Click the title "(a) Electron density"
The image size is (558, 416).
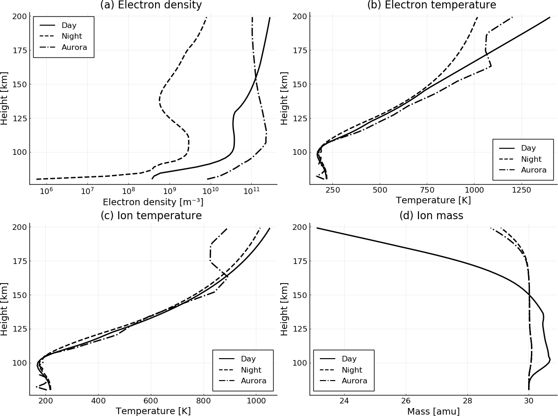tap(151, 6)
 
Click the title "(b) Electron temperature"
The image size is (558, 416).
tap(431, 6)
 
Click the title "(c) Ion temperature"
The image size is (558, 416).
tap(151, 216)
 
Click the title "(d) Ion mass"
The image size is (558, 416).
tap(431, 216)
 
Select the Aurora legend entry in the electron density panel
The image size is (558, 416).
tap(74, 47)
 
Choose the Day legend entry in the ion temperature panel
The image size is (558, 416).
tap(248, 359)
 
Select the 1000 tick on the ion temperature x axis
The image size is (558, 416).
tap(256, 401)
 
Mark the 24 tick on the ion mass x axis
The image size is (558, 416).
tap(344, 401)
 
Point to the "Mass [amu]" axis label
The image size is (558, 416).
tap(433, 411)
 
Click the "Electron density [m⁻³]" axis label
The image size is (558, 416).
tap(153, 202)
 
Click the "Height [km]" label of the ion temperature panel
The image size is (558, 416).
tap(5, 309)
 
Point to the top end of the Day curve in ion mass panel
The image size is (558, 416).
tap(317, 228)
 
